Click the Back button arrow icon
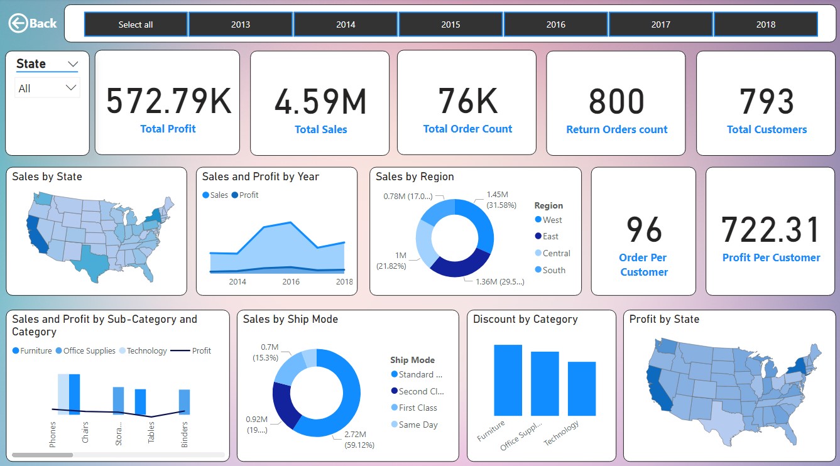pyautogui.click(x=18, y=24)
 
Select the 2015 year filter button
pyautogui.click(x=450, y=24)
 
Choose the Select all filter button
pyautogui.click(x=136, y=24)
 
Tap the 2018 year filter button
pyautogui.click(x=765, y=24)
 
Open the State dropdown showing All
pyautogui.click(x=47, y=89)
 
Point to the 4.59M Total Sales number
pyautogui.click(x=320, y=102)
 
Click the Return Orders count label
pyautogui.click(x=616, y=129)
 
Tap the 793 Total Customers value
pyautogui.click(x=766, y=102)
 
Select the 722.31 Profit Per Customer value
pyautogui.click(x=771, y=230)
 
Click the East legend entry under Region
pyautogui.click(x=550, y=237)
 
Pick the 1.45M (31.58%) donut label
pyautogui.click(x=501, y=200)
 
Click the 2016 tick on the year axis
pyautogui.click(x=291, y=282)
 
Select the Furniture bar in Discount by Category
pyautogui.click(x=508, y=380)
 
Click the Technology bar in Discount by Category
pyautogui.click(x=581, y=388)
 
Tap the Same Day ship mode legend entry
pyautogui.click(x=417, y=425)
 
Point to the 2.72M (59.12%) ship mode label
pyautogui.click(x=359, y=439)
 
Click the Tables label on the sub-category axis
pyautogui.click(x=151, y=433)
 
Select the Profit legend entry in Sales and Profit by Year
pyautogui.click(x=248, y=195)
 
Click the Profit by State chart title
pyautogui.click(x=664, y=319)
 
